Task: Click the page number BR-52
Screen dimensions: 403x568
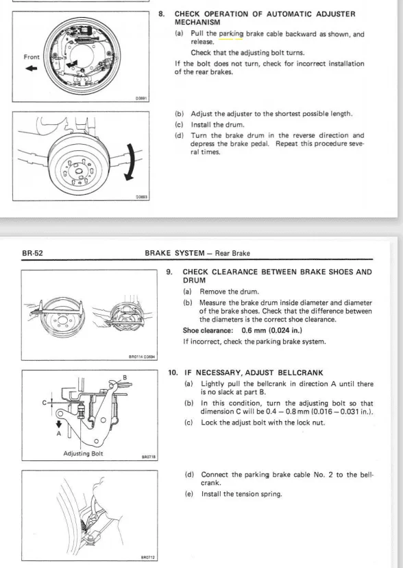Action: [x=32, y=253]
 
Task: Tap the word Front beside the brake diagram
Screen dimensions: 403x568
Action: [x=32, y=57]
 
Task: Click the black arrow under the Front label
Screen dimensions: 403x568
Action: [x=31, y=68]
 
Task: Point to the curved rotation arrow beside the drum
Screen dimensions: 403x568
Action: [x=131, y=162]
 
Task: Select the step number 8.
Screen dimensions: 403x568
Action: [x=161, y=14]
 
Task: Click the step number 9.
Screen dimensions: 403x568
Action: [x=169, y=272]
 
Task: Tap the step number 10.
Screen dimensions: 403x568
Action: [x=173, y=372]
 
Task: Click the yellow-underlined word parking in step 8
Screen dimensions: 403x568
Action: [x=231, y=34]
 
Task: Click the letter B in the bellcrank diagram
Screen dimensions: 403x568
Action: [x=125, y=377]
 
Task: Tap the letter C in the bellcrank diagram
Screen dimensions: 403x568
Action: [x=44, y=403]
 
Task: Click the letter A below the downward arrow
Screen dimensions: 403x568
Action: [x=59, y=434]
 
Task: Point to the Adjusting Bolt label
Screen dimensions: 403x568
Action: [x=83, y=453]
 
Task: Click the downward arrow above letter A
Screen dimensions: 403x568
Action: [x=59, y=424]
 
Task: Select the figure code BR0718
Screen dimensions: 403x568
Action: [x=149, y=457]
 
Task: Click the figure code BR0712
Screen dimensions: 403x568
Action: [x=148, y=558]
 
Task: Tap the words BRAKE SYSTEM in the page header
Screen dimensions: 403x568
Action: [x=175, y=253]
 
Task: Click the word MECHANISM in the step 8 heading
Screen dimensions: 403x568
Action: [x=197, y=23]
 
